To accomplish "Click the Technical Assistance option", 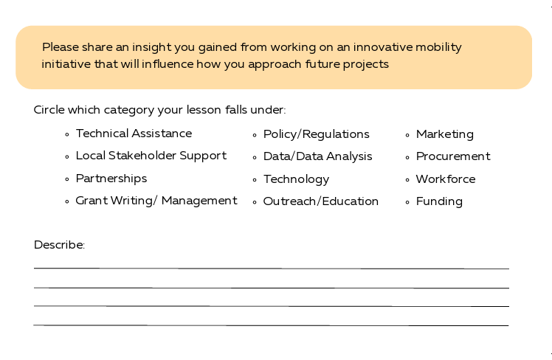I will (134, 134).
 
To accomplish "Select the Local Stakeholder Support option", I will (151, 156).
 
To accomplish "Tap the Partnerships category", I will (111, 179).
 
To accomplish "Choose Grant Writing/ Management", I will (156, 201).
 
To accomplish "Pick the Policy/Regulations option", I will (316, 134).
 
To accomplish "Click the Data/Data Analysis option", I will (317, 156).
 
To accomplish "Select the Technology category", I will (296, 179).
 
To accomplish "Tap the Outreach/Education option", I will (320, 201).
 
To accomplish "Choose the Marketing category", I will (444, 134).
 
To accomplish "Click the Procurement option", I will (452, 156).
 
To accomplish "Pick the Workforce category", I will (445, 179).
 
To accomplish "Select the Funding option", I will (439, 201).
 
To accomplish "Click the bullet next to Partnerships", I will (67, 179).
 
